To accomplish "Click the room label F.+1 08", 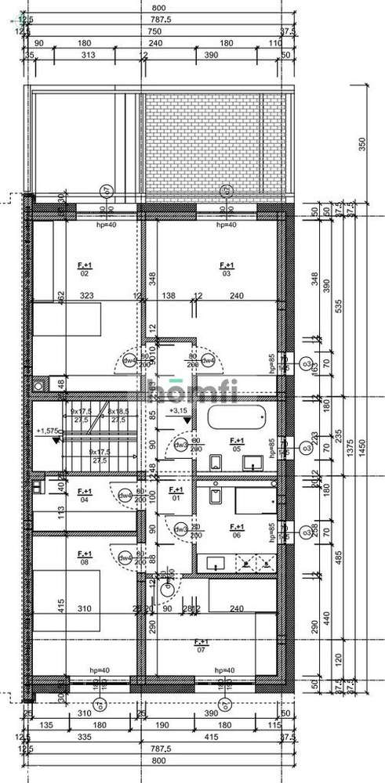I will tap(84, 557).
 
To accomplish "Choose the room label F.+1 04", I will tap(85, 494).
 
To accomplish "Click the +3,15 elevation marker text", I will tap(179, 410).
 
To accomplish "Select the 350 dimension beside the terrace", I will tap(361, 146).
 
